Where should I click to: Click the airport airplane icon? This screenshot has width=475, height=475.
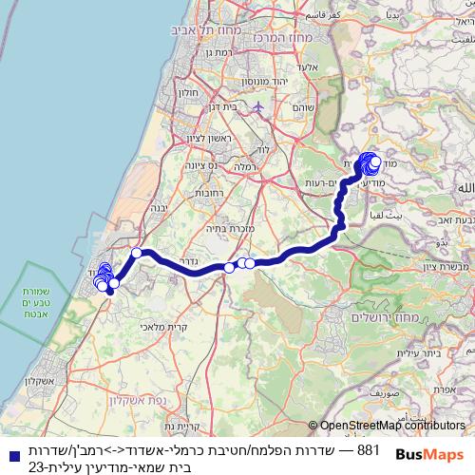[256, 106]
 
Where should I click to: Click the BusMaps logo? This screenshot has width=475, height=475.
[431, 454]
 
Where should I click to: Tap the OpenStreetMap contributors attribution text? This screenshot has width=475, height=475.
[392, 426]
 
